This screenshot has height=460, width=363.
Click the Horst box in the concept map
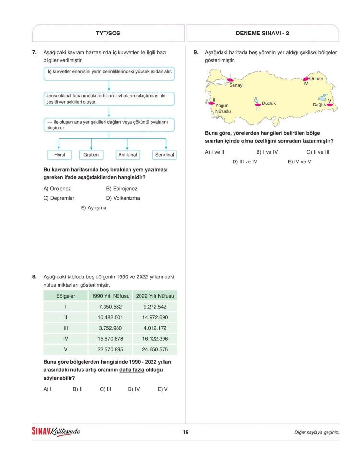pos(59,155)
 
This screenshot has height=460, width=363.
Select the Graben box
pos(91,155)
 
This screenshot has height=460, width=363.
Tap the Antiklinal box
pos(127,155)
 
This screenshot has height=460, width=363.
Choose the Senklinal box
pos(164,155)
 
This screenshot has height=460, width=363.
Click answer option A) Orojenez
pos(57,189)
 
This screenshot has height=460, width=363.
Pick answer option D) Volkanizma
pos(123,198)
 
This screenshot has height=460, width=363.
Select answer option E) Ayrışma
pos(94,208)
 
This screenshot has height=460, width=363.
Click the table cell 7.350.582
pos(110,307)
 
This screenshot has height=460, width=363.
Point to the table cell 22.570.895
pos(110,349)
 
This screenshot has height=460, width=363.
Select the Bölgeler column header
pos(66,296)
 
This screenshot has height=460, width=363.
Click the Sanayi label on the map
pos(236,85)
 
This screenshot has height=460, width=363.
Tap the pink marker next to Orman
pos(305,79)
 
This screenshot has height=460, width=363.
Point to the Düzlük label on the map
pos(269,103)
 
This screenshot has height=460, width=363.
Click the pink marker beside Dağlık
pos(329,104)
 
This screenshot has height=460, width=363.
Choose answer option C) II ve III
pos(317,152)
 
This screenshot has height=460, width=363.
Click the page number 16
pos(185,432)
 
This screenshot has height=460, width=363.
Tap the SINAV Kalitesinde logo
pos(56,432)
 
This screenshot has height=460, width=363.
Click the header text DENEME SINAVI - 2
pos(262,33)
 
